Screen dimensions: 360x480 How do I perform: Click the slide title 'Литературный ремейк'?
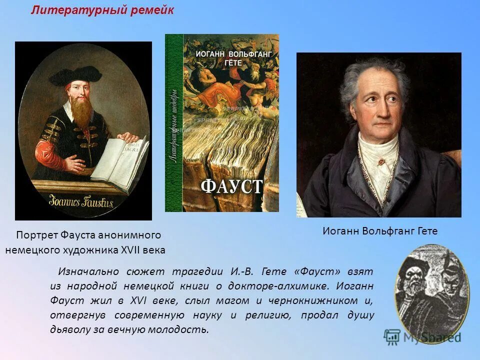click(102, 11)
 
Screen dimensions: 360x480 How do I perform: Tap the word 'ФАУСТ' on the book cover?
click(231, 185)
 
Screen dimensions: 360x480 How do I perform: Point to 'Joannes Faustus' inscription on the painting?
click(81, 202)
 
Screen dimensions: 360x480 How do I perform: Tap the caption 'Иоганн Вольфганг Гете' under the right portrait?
click(380, 231)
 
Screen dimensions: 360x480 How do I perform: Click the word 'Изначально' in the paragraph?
click(88, 271)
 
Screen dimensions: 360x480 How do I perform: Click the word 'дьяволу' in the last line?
click(69, 329)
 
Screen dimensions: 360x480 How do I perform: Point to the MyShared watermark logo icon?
click(392, 337)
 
